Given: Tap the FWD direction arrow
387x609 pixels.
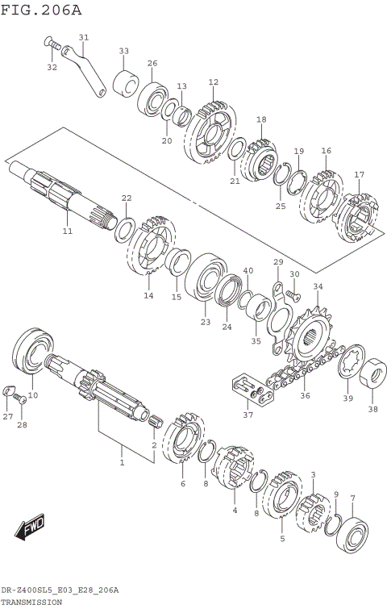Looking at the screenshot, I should [31, 529].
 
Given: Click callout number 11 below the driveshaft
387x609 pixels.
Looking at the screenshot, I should [68, 232].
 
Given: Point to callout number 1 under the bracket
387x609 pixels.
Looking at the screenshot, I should [123, 464].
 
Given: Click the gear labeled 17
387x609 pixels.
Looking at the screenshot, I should [358, 215].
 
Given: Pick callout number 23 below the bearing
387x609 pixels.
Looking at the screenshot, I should [206, 322].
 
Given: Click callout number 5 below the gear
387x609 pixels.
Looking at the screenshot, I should [282, 539].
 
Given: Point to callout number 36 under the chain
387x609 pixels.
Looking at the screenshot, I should [304, 395].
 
